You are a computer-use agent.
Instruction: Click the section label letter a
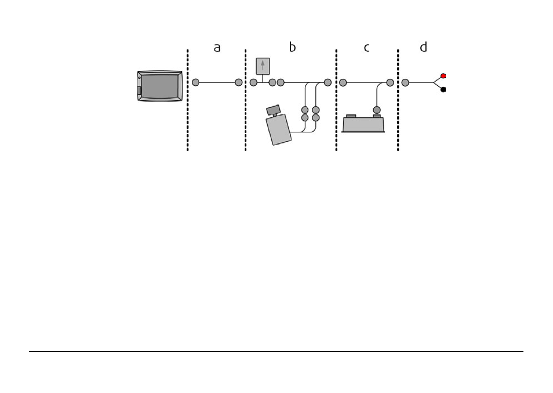(x=217, y=48)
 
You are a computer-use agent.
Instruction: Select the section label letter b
(x=292, y=46)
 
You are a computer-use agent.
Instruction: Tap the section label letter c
(x=367, y=48)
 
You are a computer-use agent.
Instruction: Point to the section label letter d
(x=424, y=46)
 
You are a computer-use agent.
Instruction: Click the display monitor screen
(x=160, y=86)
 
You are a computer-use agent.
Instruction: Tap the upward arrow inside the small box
(x=263, y=66)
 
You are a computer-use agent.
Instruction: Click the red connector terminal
(x=443, y=76)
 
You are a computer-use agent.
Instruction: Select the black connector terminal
(x=443, y=89)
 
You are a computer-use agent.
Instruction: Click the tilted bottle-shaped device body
(x=279, y=129)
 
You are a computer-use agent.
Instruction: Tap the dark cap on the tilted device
(x=273, y=110)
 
